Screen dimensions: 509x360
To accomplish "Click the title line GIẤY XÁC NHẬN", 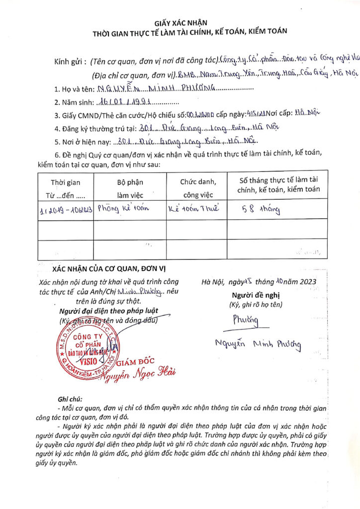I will pos(180,23).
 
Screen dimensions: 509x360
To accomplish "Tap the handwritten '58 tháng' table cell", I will pos(259,209).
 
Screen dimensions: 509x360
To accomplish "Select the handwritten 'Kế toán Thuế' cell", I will pos(196,209).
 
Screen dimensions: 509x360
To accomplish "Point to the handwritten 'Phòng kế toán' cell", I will pos(122,209).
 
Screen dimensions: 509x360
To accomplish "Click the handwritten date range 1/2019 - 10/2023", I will pos(66,210).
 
